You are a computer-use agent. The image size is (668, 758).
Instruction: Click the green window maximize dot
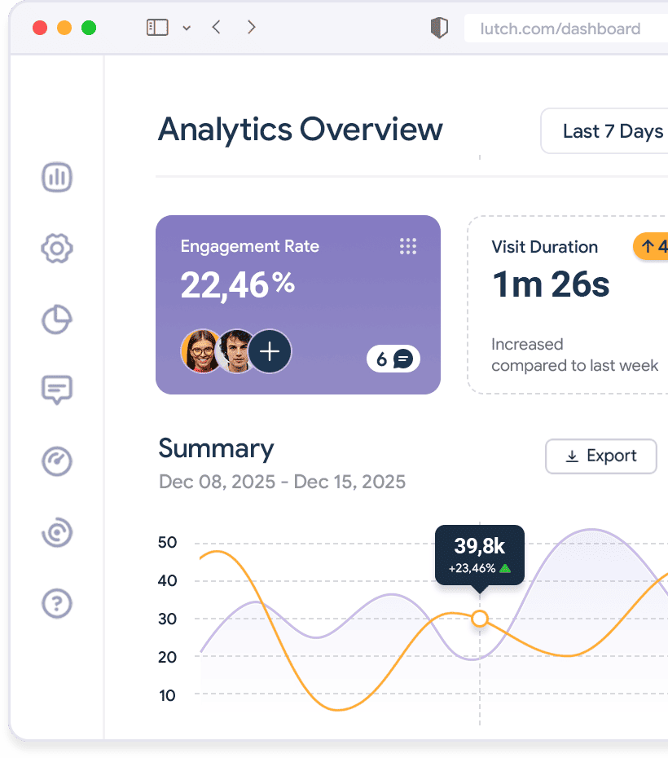point(89,28)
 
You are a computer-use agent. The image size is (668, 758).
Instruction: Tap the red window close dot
point(40,28)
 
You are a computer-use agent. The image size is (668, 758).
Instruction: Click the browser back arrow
point(216,27)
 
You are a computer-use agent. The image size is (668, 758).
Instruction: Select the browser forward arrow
point(252,27)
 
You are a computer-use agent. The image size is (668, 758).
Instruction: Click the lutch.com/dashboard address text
point(560,29)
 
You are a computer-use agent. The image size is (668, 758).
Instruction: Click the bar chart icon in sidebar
point(57,177)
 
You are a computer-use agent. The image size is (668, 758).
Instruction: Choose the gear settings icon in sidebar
point(57,249)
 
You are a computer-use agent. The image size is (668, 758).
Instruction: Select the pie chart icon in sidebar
point(57,320)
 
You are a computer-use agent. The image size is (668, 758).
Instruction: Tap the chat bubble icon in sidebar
point(57,390)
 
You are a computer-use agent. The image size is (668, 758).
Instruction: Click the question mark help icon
point(57,604)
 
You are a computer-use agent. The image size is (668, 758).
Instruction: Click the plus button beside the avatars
point(270,351)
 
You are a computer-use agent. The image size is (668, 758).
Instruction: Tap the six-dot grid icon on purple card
point(408,246)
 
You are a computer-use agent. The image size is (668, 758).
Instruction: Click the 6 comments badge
point(393,359)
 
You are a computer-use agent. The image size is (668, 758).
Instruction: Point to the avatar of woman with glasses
point(201,351)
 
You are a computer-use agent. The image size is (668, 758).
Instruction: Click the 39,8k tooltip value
point(479,546)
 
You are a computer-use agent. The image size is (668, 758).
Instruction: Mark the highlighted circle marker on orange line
point(480,619)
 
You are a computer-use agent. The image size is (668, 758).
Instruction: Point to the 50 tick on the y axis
point(167,543)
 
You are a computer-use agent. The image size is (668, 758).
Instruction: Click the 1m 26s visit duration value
point(551,284)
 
